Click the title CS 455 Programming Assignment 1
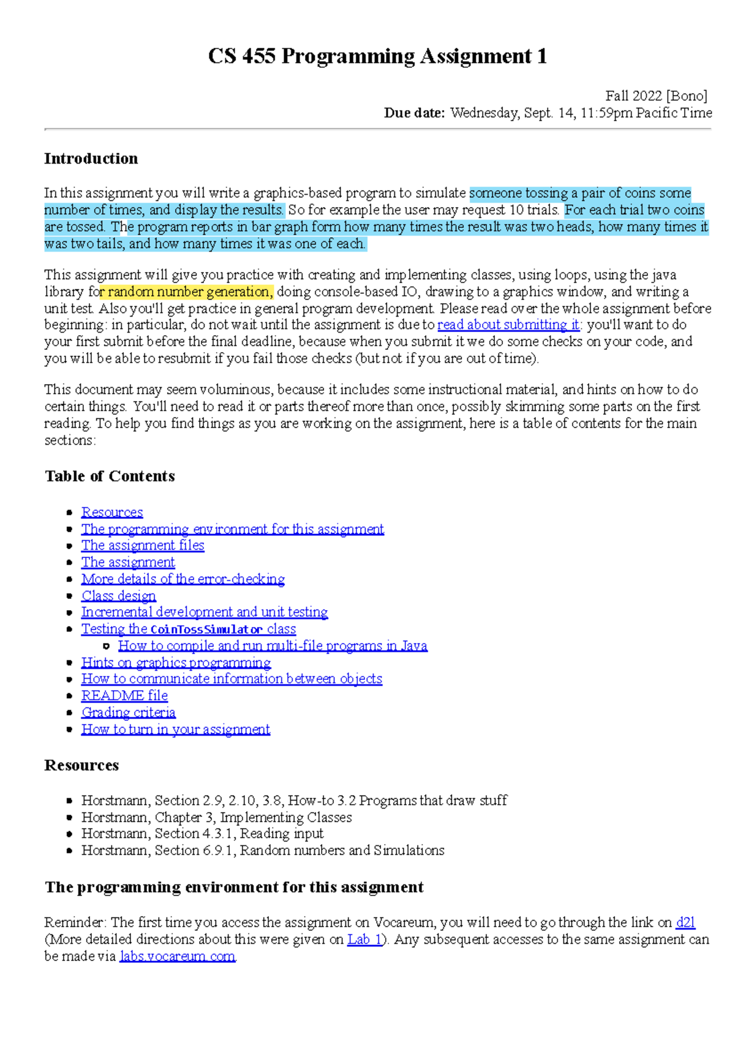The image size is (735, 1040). click(377, 56)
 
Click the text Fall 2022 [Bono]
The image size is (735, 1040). click(656, 96)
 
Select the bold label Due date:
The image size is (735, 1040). click(414, 113)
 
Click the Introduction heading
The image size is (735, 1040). click(91, 159)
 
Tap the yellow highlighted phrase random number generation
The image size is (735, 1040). click(187, 292)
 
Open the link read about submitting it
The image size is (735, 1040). click(508, 325)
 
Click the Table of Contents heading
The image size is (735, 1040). click(110, 476)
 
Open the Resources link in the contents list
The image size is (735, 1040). click(112, 512)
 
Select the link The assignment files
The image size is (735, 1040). click(143, 545)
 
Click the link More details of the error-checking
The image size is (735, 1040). click(183, 579)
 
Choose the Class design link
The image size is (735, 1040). click(119, 595)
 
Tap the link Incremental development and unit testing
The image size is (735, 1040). click(205, 612)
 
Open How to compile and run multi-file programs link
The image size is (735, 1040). click(273, 646)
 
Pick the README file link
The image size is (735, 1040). click(124, 696)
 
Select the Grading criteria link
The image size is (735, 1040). click(129, 712)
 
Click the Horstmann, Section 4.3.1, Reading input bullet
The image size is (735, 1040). click(202, 834)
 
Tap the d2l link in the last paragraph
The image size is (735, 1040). click(685, 922)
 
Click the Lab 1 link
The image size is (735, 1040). click(364, 940)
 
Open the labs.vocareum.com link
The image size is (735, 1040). click(178, 956)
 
